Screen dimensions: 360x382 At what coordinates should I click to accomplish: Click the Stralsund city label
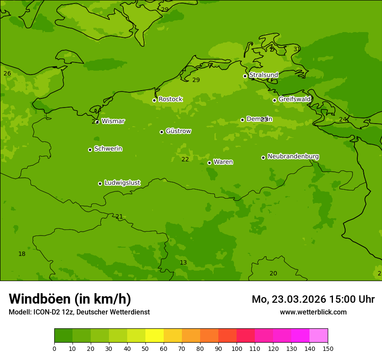tap(263, 75)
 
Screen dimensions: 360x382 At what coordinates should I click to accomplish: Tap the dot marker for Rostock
tap(154, 100)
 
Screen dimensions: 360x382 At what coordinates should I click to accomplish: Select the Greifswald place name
tap(295, 99)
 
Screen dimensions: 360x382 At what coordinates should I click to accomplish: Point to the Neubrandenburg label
tap(293, 157)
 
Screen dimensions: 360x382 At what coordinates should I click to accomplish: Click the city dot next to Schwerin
tap(90, 150)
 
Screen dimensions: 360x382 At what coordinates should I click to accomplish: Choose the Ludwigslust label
tap(122, 183)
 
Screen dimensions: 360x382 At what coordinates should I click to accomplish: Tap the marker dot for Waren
tap(209, 163)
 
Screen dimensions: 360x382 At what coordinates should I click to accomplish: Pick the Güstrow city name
tap(178, 131)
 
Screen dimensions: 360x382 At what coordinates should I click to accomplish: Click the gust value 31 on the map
tap(297, 49)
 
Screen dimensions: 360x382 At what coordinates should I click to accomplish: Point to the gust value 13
tap(183, 262)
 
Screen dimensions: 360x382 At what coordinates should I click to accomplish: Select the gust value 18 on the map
tap(22, 254)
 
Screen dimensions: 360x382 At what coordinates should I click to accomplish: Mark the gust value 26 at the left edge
tap(7, 73)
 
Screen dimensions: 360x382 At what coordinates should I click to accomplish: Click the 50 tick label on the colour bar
tap(145, 348)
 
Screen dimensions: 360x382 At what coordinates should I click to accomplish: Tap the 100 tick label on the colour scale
tap(237, 348)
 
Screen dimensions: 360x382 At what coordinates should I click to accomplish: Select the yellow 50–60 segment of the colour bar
tap(155, 336)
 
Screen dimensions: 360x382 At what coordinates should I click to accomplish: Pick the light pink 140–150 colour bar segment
tap(319, 336)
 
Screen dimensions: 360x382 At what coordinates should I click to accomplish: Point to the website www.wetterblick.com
tap(313, 312)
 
